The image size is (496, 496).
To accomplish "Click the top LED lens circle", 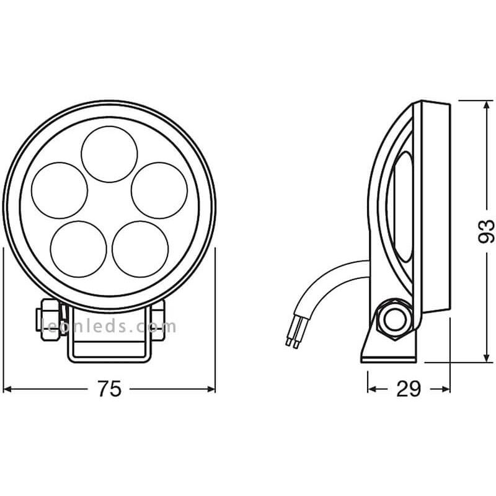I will [109, 154].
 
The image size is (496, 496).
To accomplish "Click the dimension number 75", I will [109, 389].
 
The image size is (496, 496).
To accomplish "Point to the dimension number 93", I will [487, 231].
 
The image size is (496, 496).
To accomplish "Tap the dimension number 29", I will [409, 389].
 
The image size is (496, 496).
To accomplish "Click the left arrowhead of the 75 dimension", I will [7, 389].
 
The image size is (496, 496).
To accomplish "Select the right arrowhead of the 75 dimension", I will [211, 389].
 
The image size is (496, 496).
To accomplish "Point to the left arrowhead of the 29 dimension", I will [371, 389].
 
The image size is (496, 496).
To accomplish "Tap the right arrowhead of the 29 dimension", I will [446, 389].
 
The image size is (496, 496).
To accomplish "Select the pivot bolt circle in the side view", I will [393, 317].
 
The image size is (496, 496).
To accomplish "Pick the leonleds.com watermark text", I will [109, 326].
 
